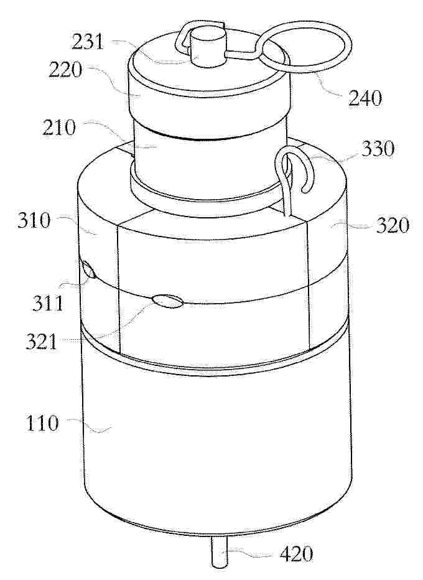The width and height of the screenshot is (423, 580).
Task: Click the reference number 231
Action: [88, 42]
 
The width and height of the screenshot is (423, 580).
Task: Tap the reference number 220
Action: [65, 69]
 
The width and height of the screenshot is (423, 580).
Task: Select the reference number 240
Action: [364, 99]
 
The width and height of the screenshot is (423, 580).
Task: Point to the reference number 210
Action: [59, 128]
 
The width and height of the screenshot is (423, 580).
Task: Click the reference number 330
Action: [378, 149]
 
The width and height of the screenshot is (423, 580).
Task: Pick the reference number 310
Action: [33, 221]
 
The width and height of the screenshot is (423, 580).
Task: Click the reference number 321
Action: [42, 342]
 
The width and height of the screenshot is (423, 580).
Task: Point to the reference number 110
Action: [42, 423]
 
